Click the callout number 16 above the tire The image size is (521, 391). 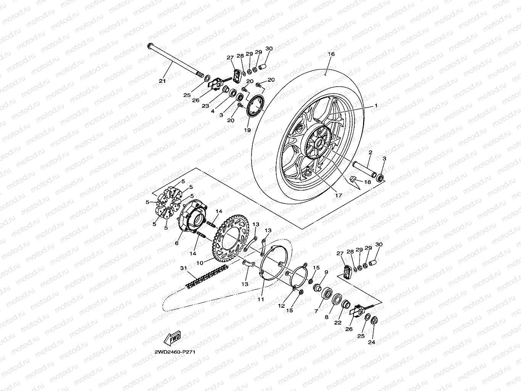click(x=331, y=54)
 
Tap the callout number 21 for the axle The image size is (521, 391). click(x=162, y=81)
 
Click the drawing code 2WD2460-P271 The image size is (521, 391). click(x=175, y=352)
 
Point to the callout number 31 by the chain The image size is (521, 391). click(x=184, y=268)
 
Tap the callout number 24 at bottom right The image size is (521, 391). click(x=371, y=342)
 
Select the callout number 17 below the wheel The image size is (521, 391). click(x=339, y=195)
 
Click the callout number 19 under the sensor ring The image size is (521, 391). click(x=247, y=130)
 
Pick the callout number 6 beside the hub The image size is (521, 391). click(x=177, y=243)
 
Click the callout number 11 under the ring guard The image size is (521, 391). click(x=260, y=299)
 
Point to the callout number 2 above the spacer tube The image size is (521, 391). click(x=370, y=152)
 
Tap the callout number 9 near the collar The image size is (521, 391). click(x=326, y=272)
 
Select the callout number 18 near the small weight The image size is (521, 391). click(x=367, y=182)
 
